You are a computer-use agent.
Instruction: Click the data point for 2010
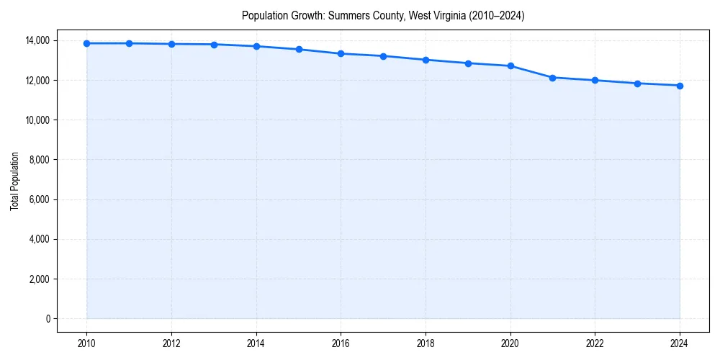point(86,43)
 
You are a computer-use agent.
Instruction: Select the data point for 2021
point(552,78)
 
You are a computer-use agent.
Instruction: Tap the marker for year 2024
point(680,86)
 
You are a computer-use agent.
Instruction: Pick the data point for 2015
point(299,50)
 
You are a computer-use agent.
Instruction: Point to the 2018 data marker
point(426,60)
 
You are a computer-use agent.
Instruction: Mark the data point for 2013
point(214,45)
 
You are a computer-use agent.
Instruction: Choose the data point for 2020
point(510,66)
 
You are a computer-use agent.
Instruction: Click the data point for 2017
point(383,56)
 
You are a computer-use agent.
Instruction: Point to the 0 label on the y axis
point(48,319)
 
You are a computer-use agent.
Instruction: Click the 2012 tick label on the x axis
point(171,343)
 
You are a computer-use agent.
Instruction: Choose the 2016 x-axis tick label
point(341,343)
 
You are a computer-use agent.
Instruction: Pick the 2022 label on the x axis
point(595,343)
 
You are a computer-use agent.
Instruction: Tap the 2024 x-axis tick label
point(680,343)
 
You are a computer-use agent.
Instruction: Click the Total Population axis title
point(14,181)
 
